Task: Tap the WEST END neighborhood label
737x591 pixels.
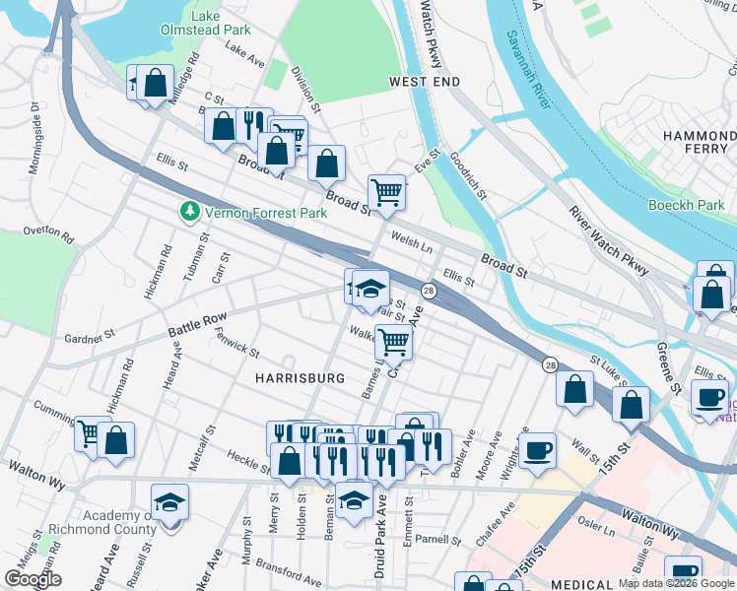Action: click(x=425, y=82)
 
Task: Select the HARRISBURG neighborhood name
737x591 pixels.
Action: click(x=300, y=378)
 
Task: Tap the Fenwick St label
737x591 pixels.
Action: click(x=236, y=344)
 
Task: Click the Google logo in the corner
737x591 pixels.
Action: click(x=33, y=579)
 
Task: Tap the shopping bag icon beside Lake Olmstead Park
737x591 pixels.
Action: click(x=156, y=84)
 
